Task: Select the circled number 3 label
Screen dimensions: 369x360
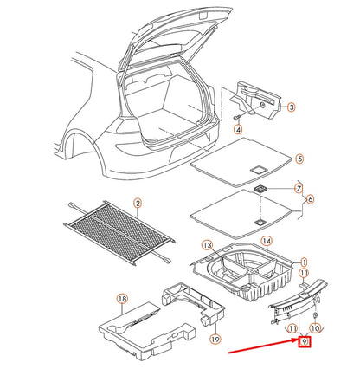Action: click(x=292, y=107)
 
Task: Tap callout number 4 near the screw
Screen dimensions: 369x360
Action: click(x=239, y=129)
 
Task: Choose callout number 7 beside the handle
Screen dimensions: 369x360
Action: click(x=299, y=188)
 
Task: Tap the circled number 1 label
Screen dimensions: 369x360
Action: click(x=304, y=261)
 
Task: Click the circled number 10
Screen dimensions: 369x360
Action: click(x=315, y=329)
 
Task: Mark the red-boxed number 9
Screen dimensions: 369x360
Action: click(x=304, y=341)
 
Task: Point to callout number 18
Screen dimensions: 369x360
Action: click(x=122, y=299)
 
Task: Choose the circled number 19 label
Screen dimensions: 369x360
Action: click(x=215, y=338)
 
